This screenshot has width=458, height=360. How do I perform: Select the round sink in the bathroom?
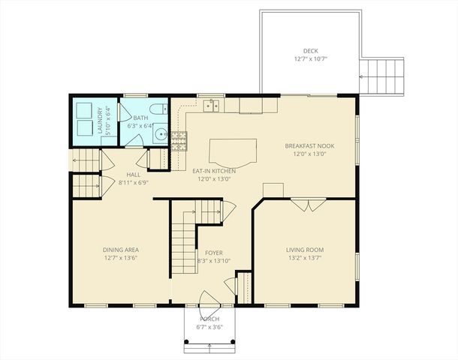(x=160, y=136)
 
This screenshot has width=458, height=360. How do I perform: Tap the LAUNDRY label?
(x=99, y=121)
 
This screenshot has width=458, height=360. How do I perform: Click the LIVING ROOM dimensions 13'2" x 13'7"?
(x=304, y=258)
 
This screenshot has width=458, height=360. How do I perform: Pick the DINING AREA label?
(x=120, y=250)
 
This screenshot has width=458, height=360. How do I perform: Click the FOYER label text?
(x=213, y=252)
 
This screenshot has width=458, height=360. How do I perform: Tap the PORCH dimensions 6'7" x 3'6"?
(x=209, y=327)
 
